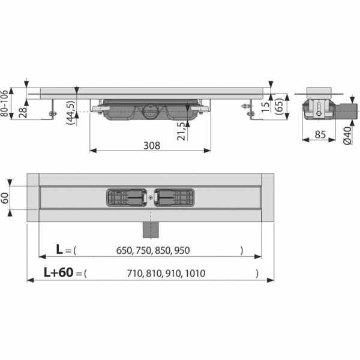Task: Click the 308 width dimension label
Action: pos(152,146)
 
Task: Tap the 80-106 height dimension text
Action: pos(5,103)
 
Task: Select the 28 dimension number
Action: pos(23,112)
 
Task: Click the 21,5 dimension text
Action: pos(181,131)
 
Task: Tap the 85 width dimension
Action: pos(320,134)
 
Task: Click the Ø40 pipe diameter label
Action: pos(347,136)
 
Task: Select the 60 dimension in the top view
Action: pos(5,198)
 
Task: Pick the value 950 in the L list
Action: pos(182,250)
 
